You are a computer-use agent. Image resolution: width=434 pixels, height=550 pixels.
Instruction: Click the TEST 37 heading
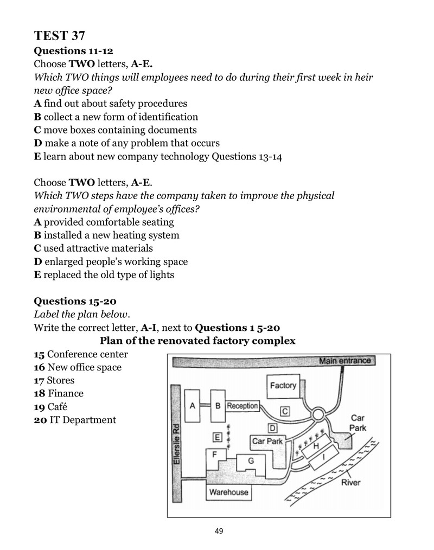click(59, 35)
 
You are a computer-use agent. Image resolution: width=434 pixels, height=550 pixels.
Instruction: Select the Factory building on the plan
click(284, 386)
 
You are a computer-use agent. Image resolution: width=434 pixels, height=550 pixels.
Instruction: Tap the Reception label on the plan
click(242, 406)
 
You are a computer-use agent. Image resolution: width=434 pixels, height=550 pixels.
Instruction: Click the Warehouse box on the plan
click(228, 492)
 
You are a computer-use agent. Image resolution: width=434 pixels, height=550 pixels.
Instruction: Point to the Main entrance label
click(345, 361)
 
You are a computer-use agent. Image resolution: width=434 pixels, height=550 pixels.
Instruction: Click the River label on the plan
click(350, 483)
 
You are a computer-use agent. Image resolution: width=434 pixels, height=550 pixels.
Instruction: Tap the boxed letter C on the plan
click(285, 412)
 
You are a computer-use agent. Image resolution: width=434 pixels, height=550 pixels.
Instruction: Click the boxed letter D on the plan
click(272, 428)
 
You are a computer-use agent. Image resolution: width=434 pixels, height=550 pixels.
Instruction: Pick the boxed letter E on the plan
click(218, 437)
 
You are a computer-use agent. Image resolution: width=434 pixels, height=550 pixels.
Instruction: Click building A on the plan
click(192, 406)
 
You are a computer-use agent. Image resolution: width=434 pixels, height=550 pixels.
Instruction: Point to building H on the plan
click(315, 445)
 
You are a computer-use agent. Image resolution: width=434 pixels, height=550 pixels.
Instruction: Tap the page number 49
click(219, 531)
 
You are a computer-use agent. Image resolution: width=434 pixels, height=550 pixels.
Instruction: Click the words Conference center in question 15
click(87, 354)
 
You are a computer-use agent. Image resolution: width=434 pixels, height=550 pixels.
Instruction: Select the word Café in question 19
click(57, 407)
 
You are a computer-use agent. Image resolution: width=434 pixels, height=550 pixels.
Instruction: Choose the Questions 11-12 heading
click(73, 51)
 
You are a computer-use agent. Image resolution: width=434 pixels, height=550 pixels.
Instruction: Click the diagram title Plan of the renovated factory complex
click(197, 341)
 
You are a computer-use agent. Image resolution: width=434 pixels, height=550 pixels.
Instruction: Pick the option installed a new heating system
click(112, 235)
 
